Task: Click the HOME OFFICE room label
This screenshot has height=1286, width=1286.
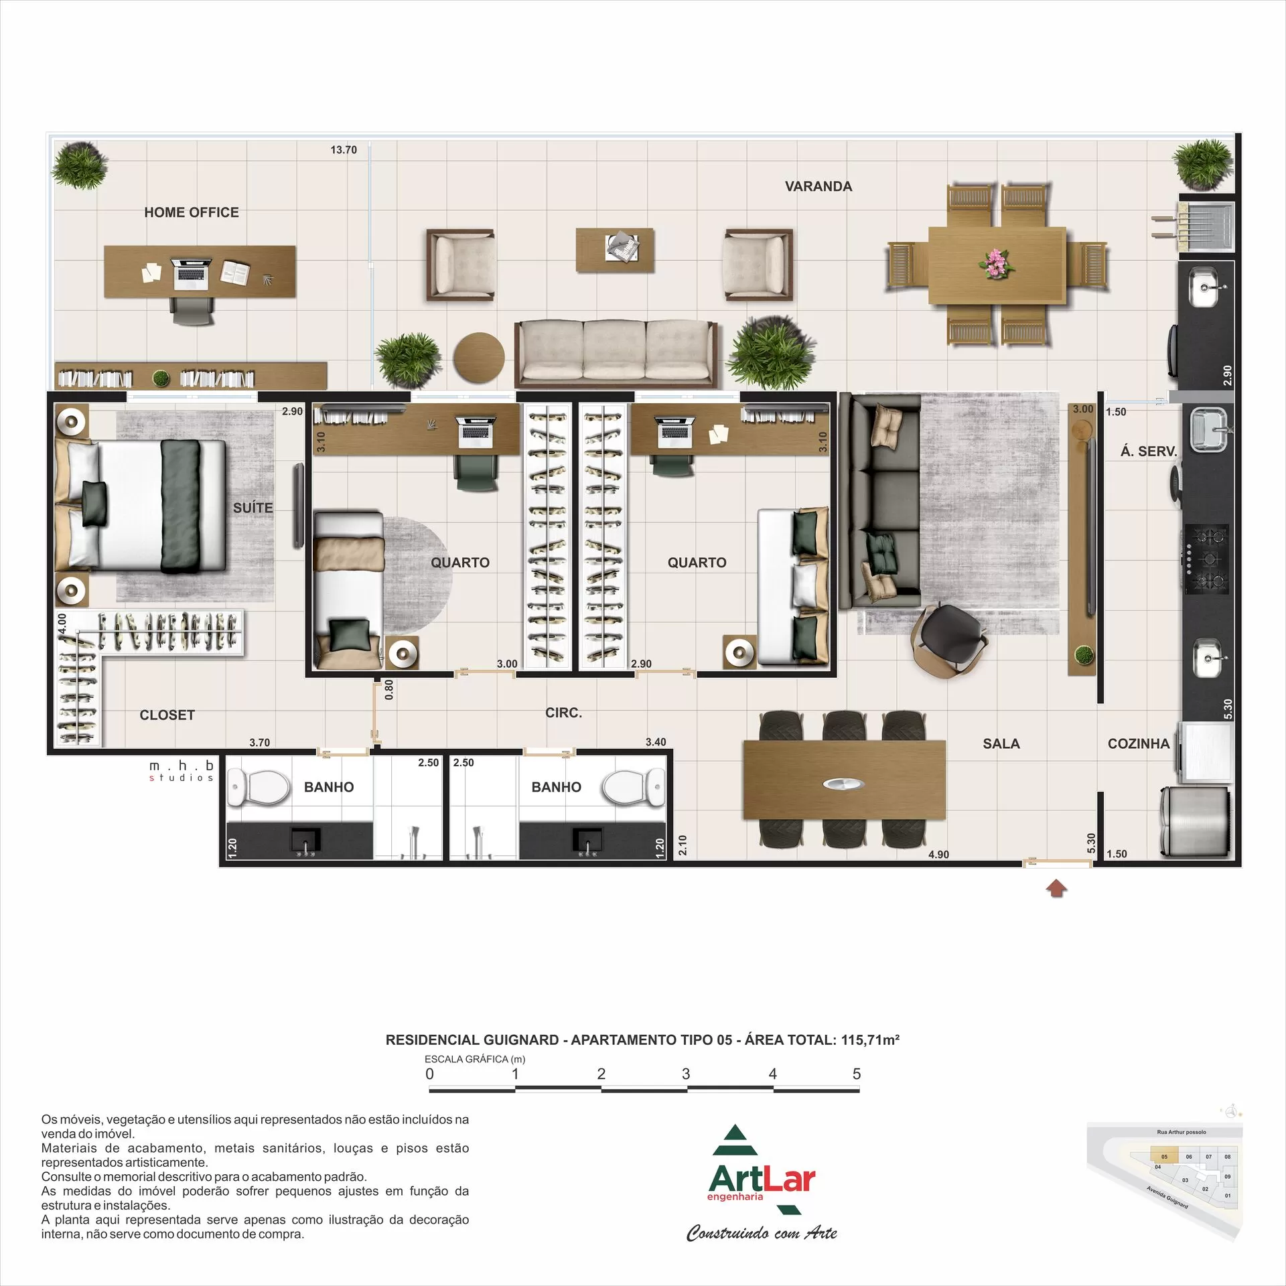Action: click(191, 212)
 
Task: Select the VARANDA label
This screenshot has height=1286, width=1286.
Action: click(818, 187)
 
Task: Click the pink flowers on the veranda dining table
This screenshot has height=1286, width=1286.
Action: click(997, 263)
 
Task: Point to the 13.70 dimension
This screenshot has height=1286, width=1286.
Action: click(344, 150)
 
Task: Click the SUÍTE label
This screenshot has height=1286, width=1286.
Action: click(253, 508)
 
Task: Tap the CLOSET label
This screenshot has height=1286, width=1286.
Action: click(167, 715)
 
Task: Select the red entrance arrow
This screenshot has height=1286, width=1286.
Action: click(1056, 889)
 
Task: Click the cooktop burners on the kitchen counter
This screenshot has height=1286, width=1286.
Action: click(1207, 559)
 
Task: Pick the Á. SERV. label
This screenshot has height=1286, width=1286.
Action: click(1148, 451)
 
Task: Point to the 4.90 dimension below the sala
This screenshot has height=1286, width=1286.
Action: click(938, 855)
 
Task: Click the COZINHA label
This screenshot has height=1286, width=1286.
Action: click(1138, 743)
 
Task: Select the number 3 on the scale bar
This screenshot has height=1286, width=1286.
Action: click(686, 1074)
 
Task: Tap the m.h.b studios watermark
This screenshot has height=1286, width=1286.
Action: click(181, 770)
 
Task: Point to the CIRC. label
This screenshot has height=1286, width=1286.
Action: click(563, 713)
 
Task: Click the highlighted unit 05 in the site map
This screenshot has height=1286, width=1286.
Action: click(1164, 1156)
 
